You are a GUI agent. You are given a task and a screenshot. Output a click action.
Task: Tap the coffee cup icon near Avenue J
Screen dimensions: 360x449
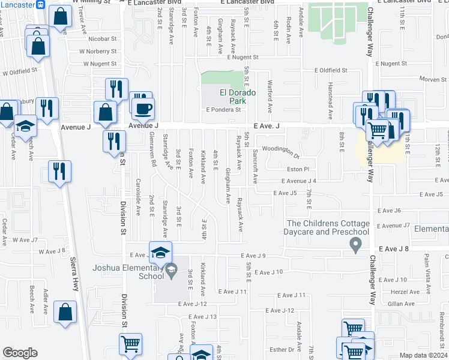(143, 109)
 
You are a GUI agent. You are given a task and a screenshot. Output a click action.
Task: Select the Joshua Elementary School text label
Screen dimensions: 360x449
(127, 272)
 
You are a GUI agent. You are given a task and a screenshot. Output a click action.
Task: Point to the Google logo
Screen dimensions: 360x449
(20, 353)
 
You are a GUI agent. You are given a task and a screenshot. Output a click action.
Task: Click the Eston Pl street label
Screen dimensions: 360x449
(297, 169)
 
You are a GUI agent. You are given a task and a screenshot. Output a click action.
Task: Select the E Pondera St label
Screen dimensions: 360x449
(223, 110)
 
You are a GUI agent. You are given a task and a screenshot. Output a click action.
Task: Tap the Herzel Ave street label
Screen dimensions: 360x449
(403, 292)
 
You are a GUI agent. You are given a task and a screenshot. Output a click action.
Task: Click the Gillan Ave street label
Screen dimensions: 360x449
(402, 304)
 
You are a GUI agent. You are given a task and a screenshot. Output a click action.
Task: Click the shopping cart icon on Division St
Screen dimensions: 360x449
(130, 344)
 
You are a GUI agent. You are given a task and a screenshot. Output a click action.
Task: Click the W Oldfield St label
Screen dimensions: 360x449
(20, 71)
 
